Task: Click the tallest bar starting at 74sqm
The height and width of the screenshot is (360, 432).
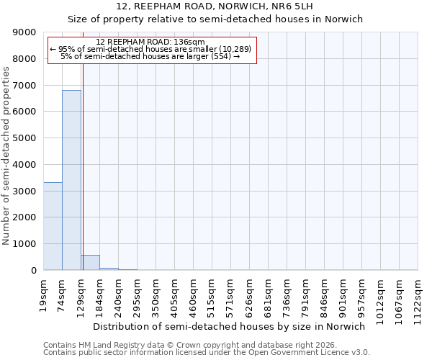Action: [71, 180]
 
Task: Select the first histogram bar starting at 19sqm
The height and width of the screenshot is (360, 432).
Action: [53, 226]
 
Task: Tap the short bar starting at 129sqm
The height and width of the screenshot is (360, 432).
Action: [90, 263]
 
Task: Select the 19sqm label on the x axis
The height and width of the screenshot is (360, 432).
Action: [43, 291]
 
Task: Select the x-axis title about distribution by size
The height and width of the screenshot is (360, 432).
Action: [230, 326]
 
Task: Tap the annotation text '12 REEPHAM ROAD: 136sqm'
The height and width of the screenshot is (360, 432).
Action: [150, 42]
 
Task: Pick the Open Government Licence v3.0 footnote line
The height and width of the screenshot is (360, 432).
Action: [206, 352]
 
